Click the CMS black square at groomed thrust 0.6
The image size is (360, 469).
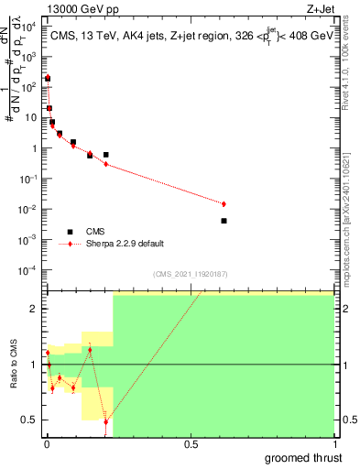[x=224, y=221]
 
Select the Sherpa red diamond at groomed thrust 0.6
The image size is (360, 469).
[x=224, y=203]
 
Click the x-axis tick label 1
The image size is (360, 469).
[x=333, y=445]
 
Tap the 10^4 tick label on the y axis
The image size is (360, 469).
[x=28, y=27]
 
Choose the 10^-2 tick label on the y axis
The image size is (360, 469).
[x=28, y=209]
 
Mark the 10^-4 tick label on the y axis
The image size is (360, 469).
[x=28, y=269]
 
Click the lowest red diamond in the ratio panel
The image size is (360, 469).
[x=105, y=422]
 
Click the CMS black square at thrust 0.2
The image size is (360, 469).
[x=105, y=155]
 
